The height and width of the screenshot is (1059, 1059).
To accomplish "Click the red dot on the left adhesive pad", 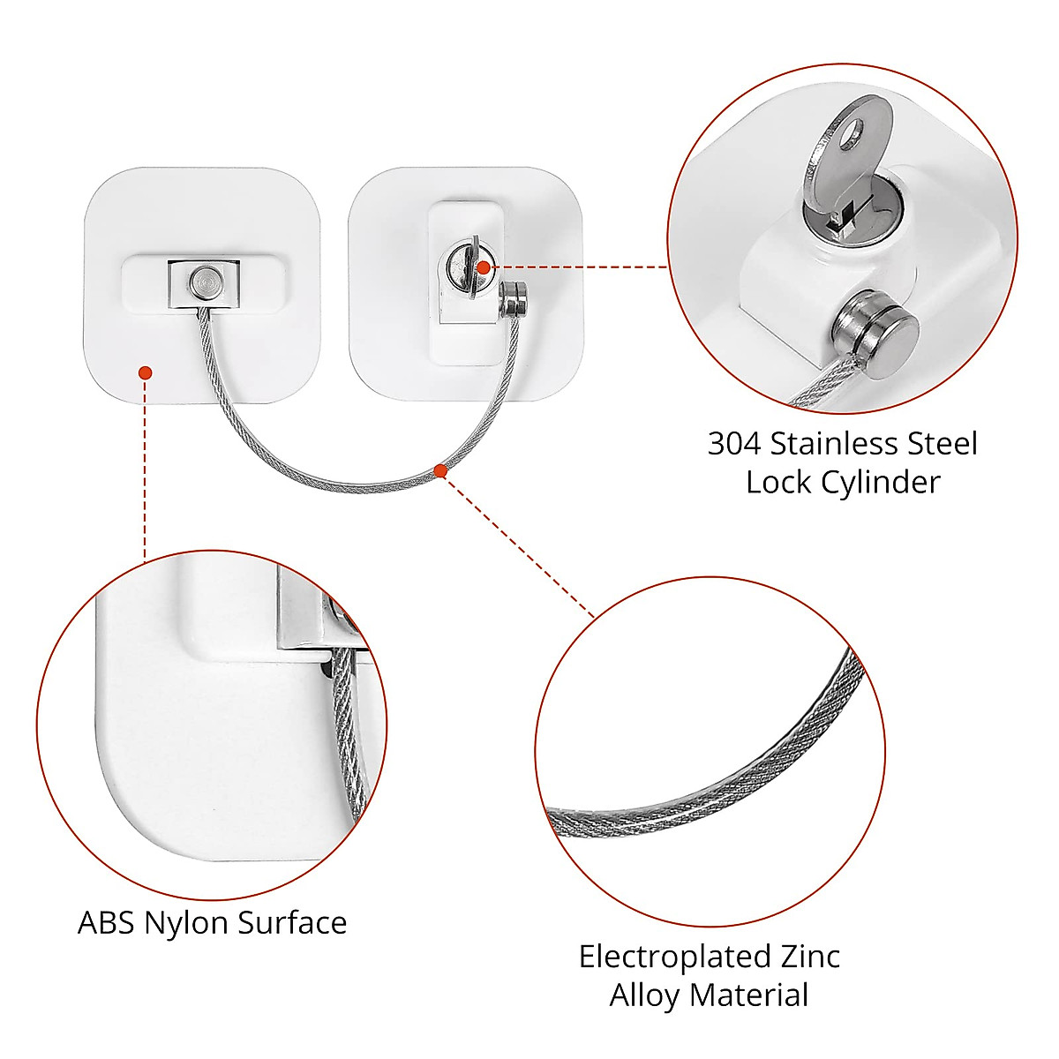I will pos(146,373).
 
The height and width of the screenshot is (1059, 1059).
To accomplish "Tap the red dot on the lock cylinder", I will pos(483,267).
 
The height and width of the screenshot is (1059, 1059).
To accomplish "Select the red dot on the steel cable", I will pos(440,471).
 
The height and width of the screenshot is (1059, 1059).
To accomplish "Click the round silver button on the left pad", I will pos(204,283).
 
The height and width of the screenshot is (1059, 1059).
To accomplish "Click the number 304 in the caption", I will pos(734,443).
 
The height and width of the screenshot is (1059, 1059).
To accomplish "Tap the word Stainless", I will pos(843,443).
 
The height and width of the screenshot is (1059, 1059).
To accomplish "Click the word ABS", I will pos(107,923).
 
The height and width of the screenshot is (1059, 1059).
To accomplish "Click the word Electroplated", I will pos(674,957).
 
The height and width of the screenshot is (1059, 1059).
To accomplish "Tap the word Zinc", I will pos(809,957).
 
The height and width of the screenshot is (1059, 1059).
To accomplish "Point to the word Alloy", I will pos(644,995).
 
